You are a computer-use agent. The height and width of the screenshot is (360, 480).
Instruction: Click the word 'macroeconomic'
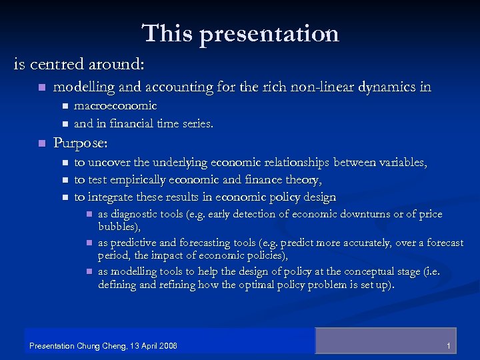(x=115, y=105)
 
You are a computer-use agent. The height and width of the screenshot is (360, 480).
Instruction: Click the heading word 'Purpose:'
(x=80, y=143)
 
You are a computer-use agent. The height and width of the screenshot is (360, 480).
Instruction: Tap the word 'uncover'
(x=109, y=162)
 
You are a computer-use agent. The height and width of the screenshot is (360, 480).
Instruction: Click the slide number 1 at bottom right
(x=449, y=346)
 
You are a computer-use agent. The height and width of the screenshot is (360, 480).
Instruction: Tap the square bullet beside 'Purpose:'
(x=41, y=143)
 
